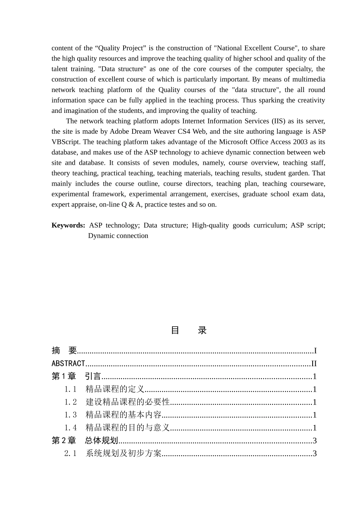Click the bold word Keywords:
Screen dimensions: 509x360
coord(68,225)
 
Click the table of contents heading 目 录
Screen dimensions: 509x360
coord(188,330)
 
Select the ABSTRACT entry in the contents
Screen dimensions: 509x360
coord(68,364)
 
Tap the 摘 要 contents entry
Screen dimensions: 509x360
coord(64,351)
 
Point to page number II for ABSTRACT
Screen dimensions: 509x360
coord(314,364)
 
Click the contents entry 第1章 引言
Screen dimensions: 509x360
coord(76,376)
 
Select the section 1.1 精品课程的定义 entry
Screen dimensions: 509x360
coord(104,389)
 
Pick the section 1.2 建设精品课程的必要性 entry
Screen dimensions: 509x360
coord(116,402)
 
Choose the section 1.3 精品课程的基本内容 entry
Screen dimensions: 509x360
coord(113,415)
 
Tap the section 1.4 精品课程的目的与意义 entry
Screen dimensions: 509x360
coord(117,428)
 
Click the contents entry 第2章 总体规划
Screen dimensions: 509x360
coord(85,441)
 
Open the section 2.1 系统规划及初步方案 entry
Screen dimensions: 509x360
coord(113,454)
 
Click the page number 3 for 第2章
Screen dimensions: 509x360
coord(315,441)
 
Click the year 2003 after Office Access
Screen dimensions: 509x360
coord(300,142)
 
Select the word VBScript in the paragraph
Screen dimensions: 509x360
coord(65,142)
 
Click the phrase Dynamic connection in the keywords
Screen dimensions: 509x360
coord(118,236)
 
